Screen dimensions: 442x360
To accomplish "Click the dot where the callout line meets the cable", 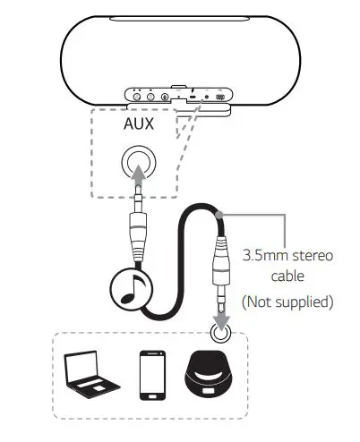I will coord(219,215).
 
